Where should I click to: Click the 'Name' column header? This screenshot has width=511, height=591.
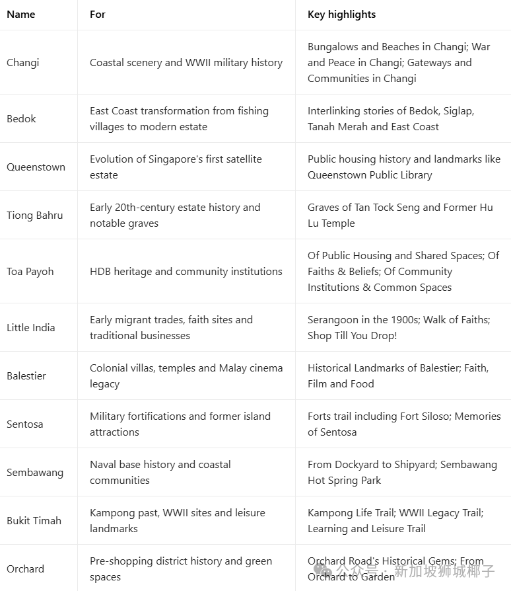point(20,14)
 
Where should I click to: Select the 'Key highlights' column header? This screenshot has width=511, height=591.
point(341,14)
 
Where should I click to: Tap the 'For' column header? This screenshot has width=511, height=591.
point(98,14)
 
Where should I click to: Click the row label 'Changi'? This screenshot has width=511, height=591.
point(23,63)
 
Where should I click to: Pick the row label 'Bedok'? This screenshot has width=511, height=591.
point(21,119)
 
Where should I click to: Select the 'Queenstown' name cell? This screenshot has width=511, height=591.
point(36,167)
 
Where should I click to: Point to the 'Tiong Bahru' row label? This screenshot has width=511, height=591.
point(35,216)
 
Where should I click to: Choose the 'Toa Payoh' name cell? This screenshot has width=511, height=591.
point(30,272)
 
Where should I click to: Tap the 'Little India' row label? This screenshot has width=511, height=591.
point(31,328)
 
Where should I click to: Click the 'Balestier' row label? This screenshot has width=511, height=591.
point(27,376)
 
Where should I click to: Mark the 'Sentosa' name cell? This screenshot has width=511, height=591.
point(25,424)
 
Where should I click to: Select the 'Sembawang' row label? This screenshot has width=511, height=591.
point(35,473)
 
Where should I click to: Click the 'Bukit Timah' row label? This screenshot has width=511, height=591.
point(34,521)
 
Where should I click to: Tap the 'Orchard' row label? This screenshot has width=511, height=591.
point(26,569)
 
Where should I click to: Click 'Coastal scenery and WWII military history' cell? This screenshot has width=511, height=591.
point(186,63)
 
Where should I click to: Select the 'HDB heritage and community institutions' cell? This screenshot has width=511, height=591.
point(186,272)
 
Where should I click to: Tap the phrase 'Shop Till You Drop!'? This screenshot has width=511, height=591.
point(352,336)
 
